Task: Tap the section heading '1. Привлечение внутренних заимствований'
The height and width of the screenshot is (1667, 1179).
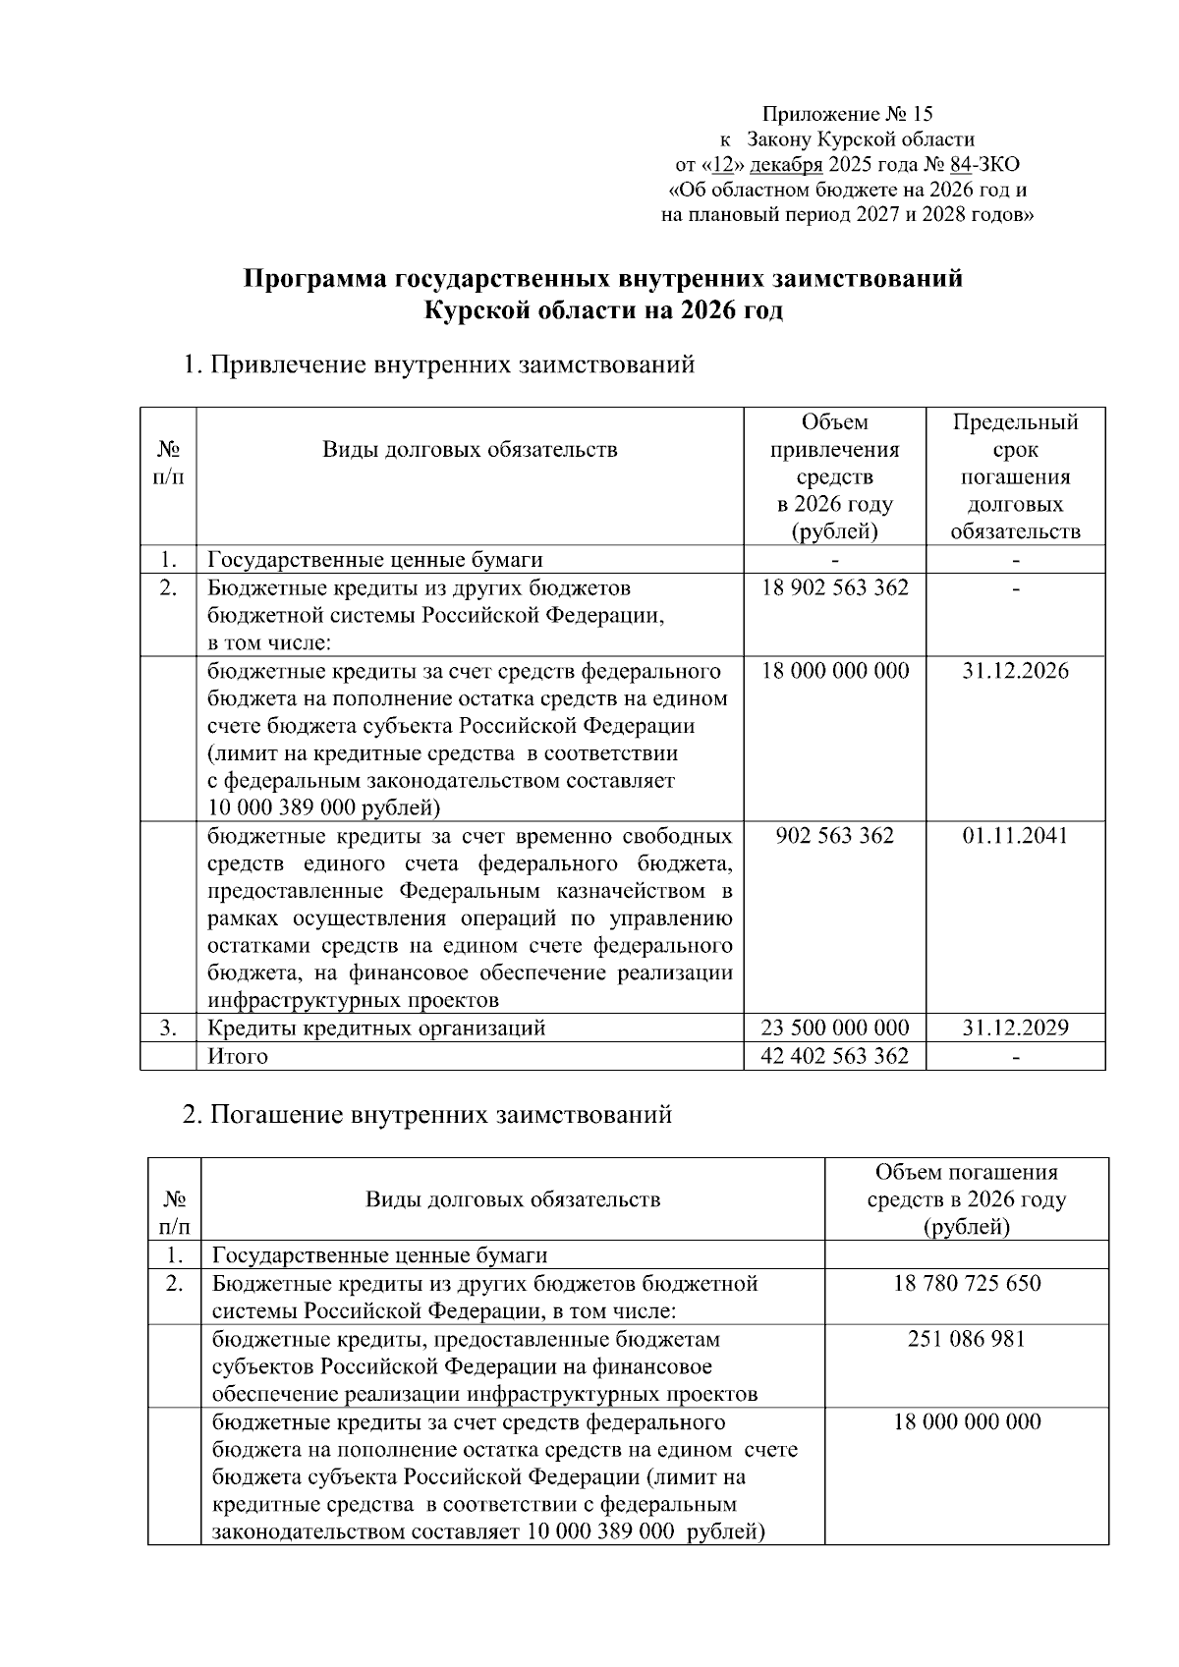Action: [439, 365]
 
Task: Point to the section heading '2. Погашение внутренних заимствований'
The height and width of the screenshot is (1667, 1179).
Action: [428, 1115]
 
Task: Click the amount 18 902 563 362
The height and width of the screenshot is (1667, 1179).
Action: [835, 588]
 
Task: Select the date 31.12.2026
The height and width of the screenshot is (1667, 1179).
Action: [1015, 671]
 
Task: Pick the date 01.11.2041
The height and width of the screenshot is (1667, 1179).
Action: [1015, 836]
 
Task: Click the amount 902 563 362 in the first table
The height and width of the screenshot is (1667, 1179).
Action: [835, 836]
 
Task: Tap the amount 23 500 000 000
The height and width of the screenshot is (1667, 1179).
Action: [835, 1028]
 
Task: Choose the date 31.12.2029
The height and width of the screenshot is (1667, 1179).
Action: [1015, 1028]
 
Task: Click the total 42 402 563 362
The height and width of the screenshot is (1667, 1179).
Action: [835, 1056]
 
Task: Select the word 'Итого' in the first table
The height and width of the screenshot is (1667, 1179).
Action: [238, 1057]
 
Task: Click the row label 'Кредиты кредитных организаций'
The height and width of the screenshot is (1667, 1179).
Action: [376, 1028]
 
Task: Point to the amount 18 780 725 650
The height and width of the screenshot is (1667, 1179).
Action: [967, 1284]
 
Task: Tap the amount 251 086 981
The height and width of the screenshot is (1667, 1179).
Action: [967, 1339]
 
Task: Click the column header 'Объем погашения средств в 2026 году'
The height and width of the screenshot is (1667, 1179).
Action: [967, 1199]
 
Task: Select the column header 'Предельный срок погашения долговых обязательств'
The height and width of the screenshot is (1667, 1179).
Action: [1015, 476]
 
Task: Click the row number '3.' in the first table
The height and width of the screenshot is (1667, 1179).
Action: [168, 1028]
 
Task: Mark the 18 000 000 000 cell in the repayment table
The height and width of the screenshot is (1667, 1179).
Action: [967, 1422]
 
